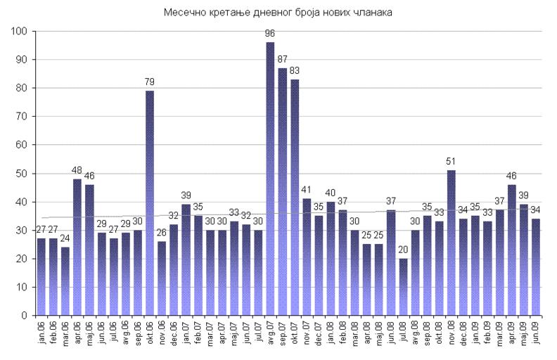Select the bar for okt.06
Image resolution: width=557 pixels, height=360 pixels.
point(150,203)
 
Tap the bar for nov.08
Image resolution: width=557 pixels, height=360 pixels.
point(451,243)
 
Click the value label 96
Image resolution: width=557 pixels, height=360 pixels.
point(270,34)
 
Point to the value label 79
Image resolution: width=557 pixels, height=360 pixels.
point(150,82)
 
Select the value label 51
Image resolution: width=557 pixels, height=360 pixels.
point(451,162)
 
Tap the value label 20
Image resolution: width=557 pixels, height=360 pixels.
point(403,250)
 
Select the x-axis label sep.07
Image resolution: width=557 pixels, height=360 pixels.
point(282,331)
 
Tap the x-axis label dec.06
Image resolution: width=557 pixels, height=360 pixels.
point(174,331)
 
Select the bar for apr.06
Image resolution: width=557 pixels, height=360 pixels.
point(77,247)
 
